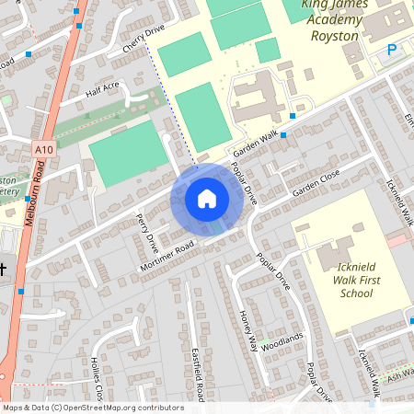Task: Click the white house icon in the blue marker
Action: pos(207,198)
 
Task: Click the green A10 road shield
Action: pos(43,148)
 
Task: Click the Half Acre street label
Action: pos(103,89)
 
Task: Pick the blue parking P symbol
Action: pos(391,51)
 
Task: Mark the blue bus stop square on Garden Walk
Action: pos(283,135)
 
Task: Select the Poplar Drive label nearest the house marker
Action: pos(244,183)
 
